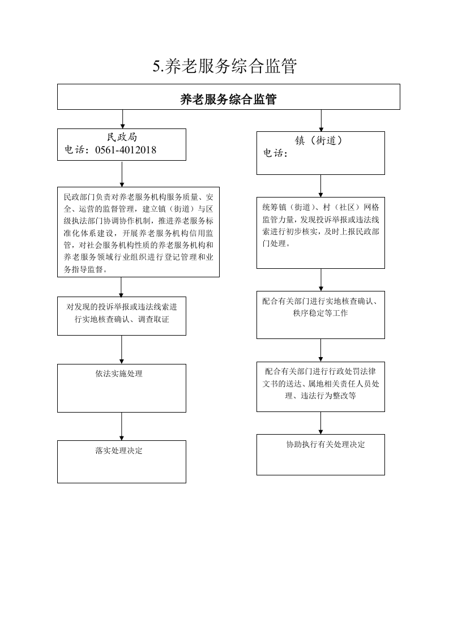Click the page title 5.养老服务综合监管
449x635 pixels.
(x=224, y=66)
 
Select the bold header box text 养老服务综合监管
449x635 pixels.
(x=228, y=99)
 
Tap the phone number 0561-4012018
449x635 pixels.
(x=126, y=150)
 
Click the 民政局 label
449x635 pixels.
(x=122, y=137)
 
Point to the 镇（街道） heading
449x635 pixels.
(x=319, y=140)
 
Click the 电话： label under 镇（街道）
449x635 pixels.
(x=276, y=153)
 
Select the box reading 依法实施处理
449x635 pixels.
(x=122, y=388)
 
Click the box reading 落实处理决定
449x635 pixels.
(x=122, y=462)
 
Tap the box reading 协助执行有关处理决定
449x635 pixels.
(x=320, y=455)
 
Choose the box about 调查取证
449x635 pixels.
(x=122, y=316)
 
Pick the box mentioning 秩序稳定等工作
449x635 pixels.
(x=320, y=315)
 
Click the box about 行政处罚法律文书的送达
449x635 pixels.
(x=320, y=387)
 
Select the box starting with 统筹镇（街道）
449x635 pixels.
(x=320, y=233)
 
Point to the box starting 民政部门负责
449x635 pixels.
(x=138, y=232)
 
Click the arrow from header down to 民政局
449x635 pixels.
(x=122, y=119)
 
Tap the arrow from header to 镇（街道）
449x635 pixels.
(x=321, y=121)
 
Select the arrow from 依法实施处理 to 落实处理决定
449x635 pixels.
(x=122, y=426)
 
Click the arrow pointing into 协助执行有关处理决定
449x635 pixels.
(x=320, y=423)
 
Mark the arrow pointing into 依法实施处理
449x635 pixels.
(x=122, y=350)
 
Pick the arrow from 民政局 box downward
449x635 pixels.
(x=122, y=174)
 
